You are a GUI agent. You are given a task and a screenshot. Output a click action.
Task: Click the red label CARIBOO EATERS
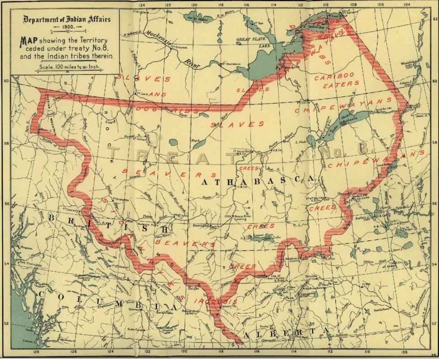[x=337, y=80]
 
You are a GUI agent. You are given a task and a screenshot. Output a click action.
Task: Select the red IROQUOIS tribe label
[x=215, y=302]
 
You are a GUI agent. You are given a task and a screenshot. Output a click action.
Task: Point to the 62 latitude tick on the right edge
[x=434, y=19]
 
